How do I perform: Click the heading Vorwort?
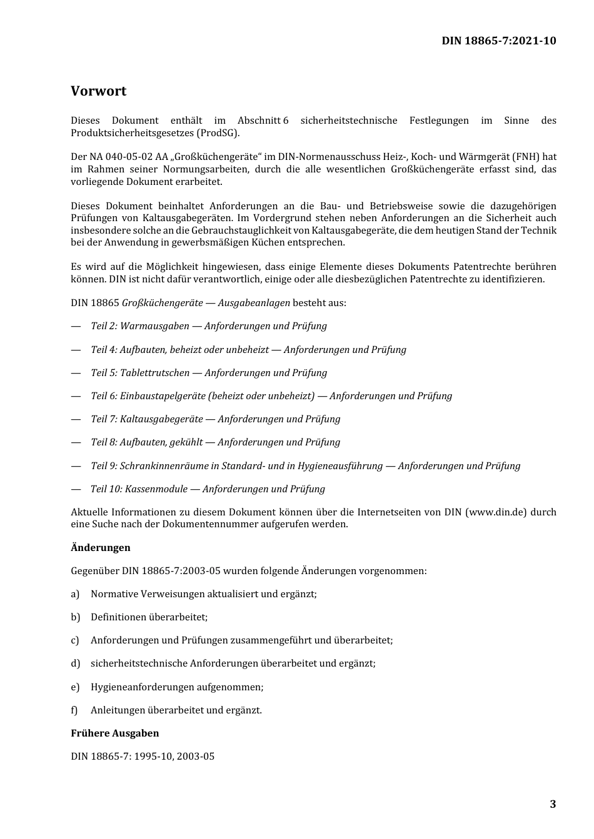(98, 91)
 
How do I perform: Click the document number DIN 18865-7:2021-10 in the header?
(498, 41)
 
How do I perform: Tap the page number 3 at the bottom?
(553, 804)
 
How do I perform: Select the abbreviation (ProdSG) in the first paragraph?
(218, 133)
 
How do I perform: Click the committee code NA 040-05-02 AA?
(125, 157)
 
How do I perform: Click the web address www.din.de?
(496, 512)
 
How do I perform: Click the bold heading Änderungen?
(100, 548)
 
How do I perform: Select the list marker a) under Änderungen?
(75, 594)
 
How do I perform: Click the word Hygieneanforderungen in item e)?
(142, 687)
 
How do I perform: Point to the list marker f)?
(74, 710)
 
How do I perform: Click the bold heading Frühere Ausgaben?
(114, 733)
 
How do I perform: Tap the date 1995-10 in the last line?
(153, 757)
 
